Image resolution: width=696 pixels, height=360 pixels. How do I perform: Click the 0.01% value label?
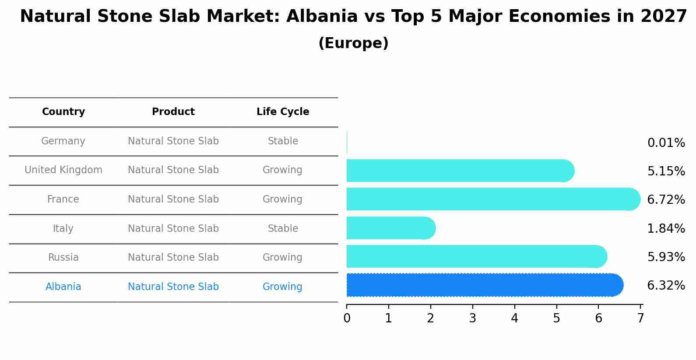click(x=666, y=143)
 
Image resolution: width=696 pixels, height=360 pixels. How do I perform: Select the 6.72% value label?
click(x=666, y=200)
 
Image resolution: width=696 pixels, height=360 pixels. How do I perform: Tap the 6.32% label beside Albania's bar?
click(x=666, y=286)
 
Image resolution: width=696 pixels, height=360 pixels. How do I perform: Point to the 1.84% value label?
click(x=666, y=228)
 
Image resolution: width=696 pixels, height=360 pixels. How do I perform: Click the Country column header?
click(x=63, y=112)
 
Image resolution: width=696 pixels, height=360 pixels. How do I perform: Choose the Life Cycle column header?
click(x=283, y=112)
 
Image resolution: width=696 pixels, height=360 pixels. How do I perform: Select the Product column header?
click(x=173, y=112)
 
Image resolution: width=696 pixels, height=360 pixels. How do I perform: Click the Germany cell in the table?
click(x=63, y=141)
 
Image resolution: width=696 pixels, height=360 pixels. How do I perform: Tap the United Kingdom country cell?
click(x=63, y=170)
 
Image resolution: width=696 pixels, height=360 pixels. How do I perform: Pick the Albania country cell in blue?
click(x=63, y=287)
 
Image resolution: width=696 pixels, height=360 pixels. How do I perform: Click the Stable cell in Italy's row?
click(x=283, y=229)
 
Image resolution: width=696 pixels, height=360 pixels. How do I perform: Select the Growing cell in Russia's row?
click(x=282, y=258)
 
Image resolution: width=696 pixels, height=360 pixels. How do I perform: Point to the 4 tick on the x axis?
click(x=514, y=318)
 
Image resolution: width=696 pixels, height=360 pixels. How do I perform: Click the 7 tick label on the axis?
click(x=640, y=318)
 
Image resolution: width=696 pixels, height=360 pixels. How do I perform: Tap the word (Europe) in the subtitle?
click(x=353, y=43)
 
